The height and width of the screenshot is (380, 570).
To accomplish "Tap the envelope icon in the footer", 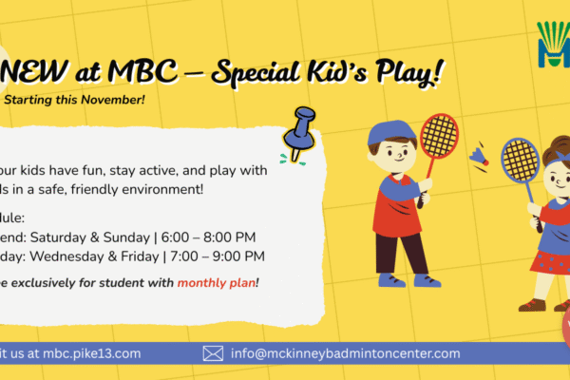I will click(x=213, y=353).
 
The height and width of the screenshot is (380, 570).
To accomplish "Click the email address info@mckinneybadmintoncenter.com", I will click(x=345, y=353).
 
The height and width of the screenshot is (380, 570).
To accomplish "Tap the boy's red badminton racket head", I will click(x=439, y=135).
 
